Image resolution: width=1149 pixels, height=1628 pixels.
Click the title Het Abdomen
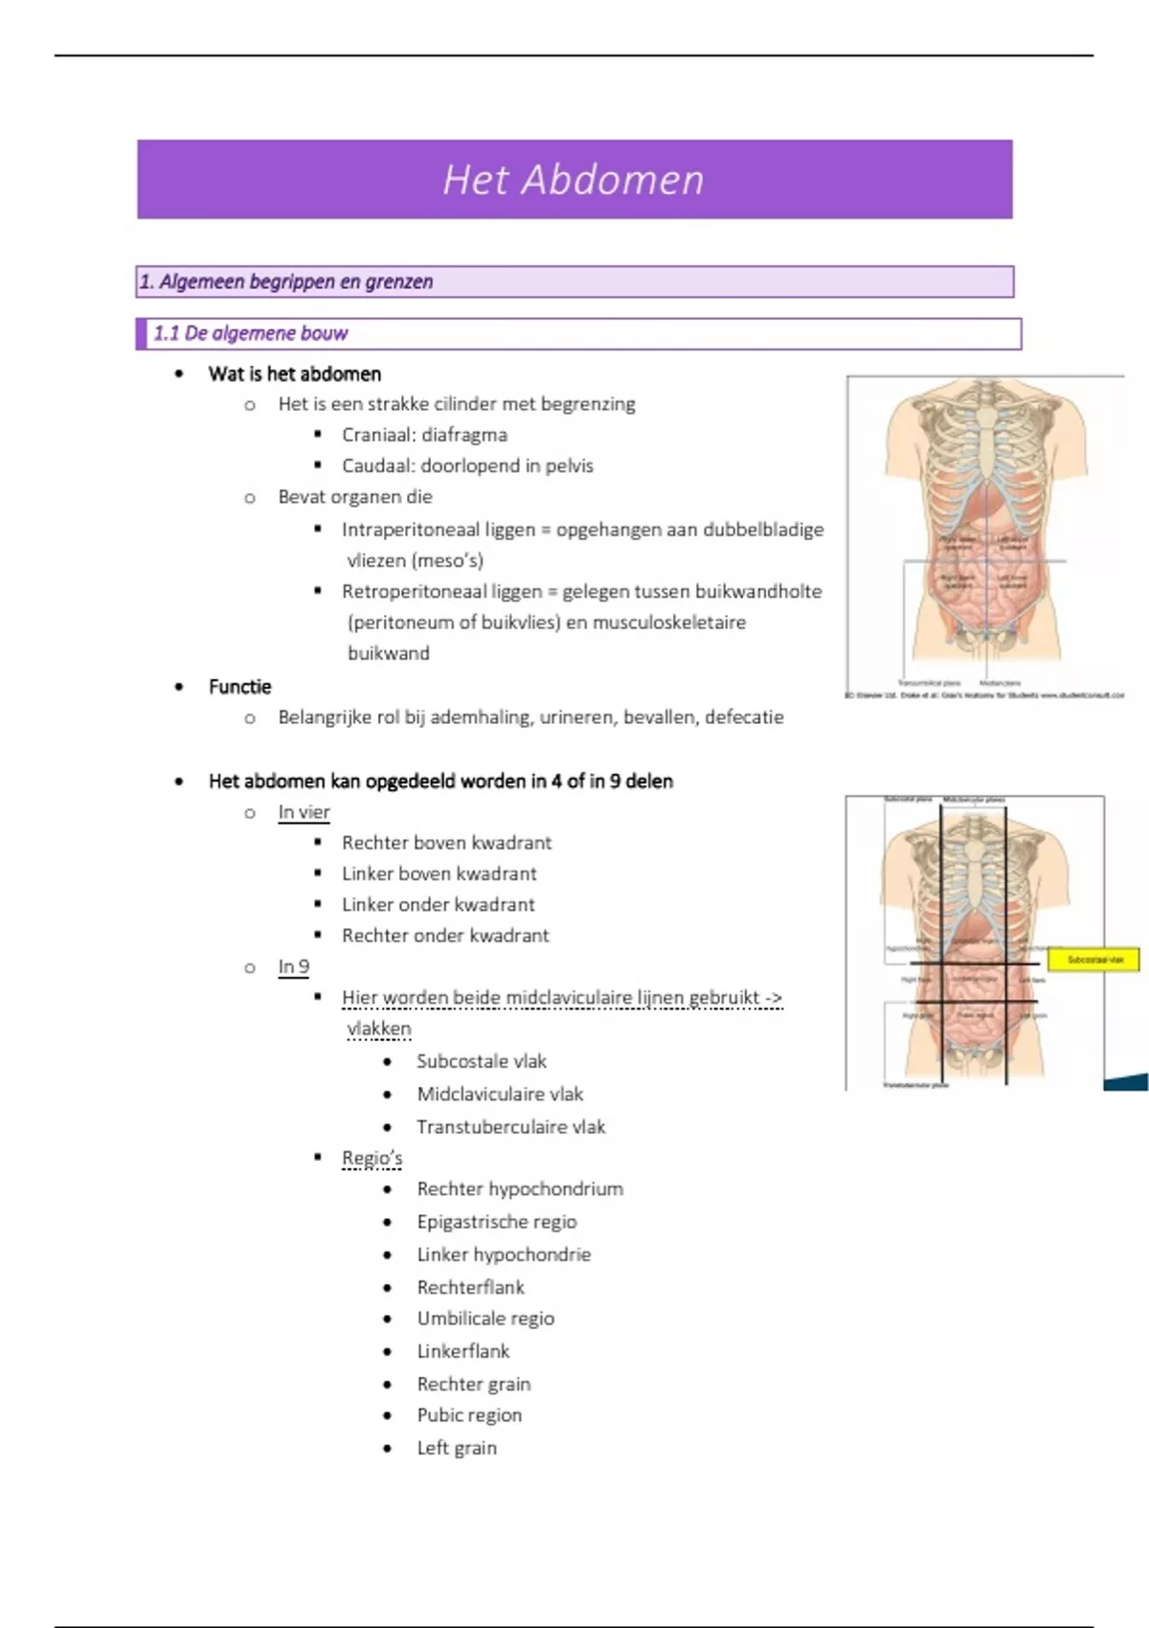pos(573,180)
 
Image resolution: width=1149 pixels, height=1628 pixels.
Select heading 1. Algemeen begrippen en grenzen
pos(286,282)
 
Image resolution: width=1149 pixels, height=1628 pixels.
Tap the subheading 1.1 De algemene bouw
pos(251,333)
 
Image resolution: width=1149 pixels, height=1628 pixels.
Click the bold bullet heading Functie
pos(239,687)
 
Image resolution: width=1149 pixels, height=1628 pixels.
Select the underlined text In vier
pos(304,812)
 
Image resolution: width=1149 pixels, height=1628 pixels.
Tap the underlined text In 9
pos(293,966)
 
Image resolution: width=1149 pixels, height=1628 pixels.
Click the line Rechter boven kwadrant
pos(446,843)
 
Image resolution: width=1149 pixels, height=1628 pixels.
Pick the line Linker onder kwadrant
pos(438,904)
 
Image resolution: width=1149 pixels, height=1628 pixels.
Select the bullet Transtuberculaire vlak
pos(510,1127)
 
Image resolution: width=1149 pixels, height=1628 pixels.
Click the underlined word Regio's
pos(372,1158)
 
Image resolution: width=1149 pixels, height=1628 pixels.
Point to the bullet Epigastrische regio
pos(496,1222)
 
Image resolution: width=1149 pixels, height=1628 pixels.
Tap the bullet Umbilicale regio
pos(485,1319)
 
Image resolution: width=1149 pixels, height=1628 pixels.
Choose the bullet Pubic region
pos(469,1415)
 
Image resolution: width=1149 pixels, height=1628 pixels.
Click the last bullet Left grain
pos(457,1448)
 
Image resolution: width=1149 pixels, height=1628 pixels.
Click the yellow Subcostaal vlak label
pos(1094,959)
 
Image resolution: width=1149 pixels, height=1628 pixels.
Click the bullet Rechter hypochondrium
pos(519,1189)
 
